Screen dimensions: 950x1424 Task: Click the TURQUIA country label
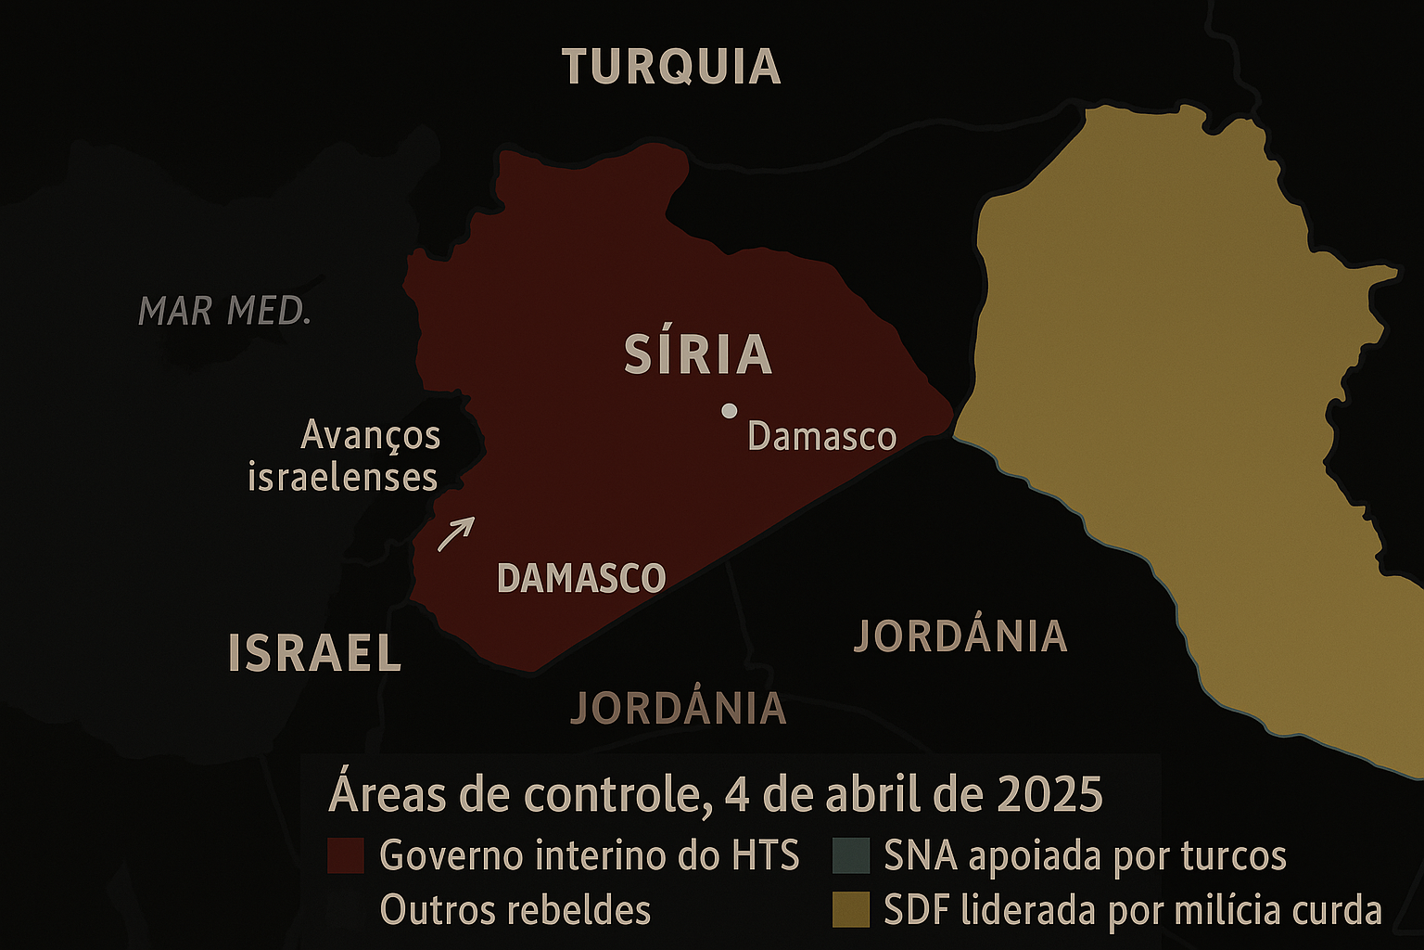tap(671, 67)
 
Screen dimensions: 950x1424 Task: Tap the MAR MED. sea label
tap(224, 311)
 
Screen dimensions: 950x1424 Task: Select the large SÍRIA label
tap(698, 354)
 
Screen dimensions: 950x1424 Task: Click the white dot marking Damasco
tap(730, 410)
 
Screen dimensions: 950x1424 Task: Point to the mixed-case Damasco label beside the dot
tap(821, 436)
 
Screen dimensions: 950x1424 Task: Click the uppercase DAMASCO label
tap(581, 578)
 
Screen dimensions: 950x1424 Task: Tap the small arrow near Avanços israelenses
tap(456, 533)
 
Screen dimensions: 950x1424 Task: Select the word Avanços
tap(371, 434)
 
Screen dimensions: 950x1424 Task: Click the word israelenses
tap(342, 477)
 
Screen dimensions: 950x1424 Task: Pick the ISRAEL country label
tap(314, 653)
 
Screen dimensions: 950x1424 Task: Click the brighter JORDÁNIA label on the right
tap(960, 636)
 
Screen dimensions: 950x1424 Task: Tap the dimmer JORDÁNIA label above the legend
tap(679, 709)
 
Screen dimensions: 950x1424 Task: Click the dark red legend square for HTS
tap(345, 855)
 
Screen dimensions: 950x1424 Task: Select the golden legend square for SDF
tap(850, 910)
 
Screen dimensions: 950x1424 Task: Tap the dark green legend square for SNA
tap(850, 855)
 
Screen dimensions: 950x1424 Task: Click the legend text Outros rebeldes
tap(515, 910)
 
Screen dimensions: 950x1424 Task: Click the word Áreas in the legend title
tap(382, 794)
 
